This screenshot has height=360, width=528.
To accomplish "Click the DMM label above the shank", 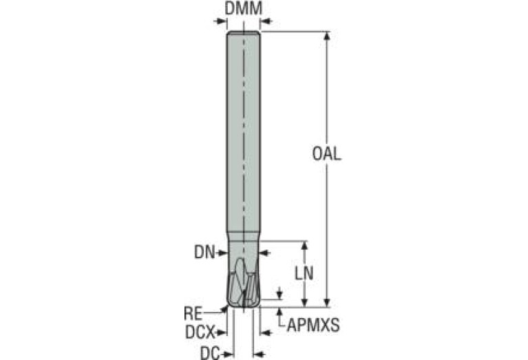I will tap(244, 9).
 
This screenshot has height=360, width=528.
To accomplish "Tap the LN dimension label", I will tap(304, 273).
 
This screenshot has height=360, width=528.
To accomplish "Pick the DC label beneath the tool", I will tap(209, 352).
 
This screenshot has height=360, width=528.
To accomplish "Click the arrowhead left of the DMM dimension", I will tap(222, 21).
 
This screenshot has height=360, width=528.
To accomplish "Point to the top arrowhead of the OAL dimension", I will tap(327, 35).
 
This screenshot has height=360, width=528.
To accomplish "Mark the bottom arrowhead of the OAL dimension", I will tap(327, 303).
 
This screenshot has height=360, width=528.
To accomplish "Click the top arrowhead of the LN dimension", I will tap(304, 244).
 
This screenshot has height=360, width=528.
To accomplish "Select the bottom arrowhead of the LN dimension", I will tap(304, 303).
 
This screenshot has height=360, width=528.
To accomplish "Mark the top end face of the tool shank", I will tap(243, 32).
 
